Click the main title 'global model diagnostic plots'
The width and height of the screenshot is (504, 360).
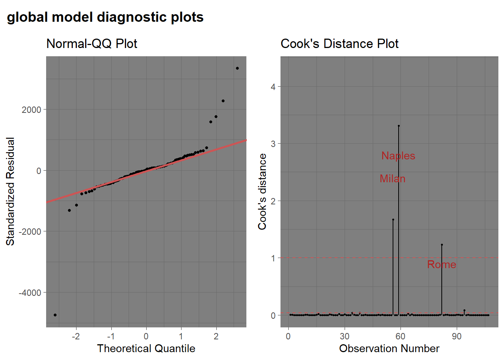pos(105,17)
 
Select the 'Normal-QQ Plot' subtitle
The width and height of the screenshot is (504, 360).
pos(91,44)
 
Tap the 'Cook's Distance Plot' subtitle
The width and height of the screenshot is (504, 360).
pos(339,44)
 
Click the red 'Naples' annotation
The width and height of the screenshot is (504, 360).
pos(398,156)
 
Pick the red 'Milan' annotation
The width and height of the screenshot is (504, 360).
pos(393,178)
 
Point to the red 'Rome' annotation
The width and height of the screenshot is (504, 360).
pos(442,264)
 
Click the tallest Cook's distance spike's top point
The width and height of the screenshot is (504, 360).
pos(399,126)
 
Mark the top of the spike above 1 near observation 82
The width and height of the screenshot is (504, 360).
pos(442,245)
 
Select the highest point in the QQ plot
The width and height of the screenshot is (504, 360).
pos(237,68)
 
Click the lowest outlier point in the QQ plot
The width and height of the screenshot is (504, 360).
pos(55,315)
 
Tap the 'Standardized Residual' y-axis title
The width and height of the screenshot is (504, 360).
pos(10,192)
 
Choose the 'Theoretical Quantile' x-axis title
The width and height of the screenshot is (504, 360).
pos(146,348)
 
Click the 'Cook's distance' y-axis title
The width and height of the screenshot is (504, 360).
pos(262,192)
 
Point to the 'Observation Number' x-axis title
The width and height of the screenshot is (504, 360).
pos(389,348)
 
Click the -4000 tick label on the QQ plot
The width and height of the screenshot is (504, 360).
pos(30,292)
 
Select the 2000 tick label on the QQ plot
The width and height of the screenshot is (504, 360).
pos(31,109)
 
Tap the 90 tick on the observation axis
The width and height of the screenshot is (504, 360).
pos(457,336)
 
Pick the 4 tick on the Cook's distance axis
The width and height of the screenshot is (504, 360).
pos(273,87)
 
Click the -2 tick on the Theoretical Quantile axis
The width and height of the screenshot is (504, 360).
pos(76,336)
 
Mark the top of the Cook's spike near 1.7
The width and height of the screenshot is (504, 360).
pos(393,220)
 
